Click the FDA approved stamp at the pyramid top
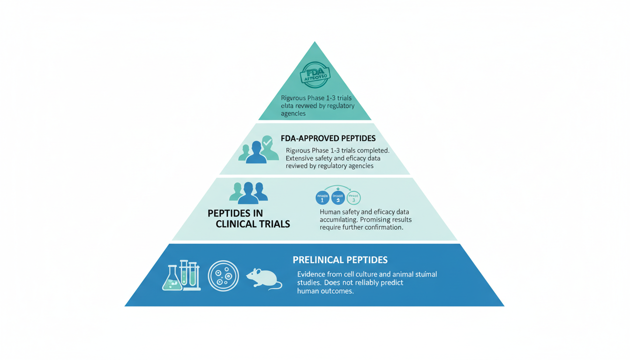(x=315, y=75)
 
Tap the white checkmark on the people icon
(x=267, y=141)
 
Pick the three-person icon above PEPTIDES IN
(x=248, y=192)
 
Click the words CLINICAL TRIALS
(x=253, y=224)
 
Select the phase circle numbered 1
(x=322, y=198)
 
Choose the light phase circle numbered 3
(x=353, y=198)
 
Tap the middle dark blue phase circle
(x=338, y=198)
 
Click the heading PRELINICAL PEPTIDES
(x=340, y=260)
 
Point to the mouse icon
(x=263, y=278)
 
